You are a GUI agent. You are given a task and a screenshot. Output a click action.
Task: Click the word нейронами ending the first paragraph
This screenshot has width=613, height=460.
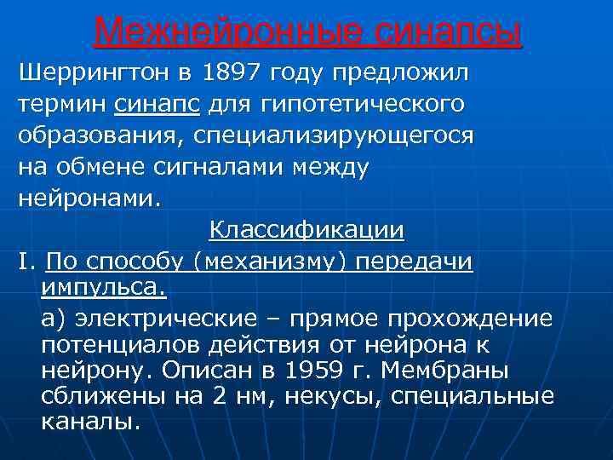point(87,198)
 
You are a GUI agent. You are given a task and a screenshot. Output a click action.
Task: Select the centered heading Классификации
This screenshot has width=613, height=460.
point(307,231)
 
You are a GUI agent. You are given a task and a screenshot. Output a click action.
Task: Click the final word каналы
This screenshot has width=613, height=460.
point(89,423)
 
